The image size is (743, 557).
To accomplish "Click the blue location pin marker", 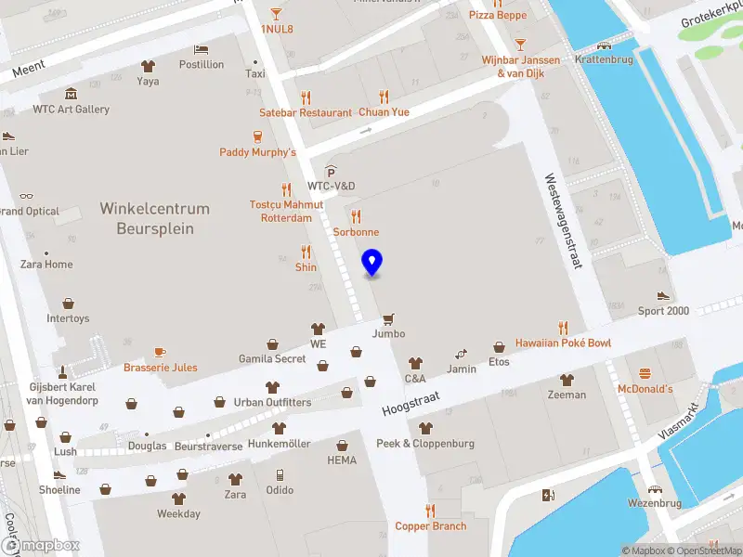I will coord(371,263).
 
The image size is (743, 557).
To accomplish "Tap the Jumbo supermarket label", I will coord(389,333).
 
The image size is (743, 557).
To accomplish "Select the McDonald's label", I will coord(645,389).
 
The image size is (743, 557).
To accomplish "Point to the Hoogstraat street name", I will coord(411,401).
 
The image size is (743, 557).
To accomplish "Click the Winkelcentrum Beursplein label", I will coord(155,219).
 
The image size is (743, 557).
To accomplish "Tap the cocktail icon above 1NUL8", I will coord(276,13).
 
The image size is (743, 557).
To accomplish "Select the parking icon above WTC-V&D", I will coord(331,172).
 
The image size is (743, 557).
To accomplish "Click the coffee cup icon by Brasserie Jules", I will coord(160,352).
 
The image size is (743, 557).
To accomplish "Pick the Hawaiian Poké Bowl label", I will coord(563,343).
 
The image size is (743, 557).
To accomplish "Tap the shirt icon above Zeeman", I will coord(567,379).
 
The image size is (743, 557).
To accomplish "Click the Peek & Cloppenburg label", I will coord(425,443).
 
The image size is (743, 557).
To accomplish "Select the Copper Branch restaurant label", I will coord(431,526).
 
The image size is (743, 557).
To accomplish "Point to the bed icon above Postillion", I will coord(201,49).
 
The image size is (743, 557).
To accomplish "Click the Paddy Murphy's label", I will coord(257,151).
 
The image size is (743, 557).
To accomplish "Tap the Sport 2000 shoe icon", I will coord(663,295).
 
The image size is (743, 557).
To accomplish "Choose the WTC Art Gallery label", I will coord(72,109).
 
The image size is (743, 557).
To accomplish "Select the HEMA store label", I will coord(342,460).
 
